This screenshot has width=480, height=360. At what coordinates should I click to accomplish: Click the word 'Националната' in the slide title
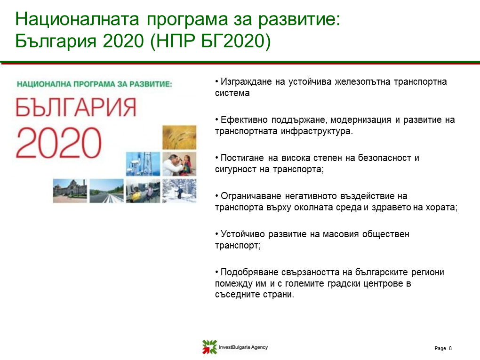coord(77,19)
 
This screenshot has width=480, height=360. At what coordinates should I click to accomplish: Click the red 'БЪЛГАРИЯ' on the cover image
coord(76,107)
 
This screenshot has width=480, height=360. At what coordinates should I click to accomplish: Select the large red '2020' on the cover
coord(58,143)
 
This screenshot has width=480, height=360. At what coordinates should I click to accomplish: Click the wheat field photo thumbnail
coord(179,137)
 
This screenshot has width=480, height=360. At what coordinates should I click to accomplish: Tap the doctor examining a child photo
coord(179,164)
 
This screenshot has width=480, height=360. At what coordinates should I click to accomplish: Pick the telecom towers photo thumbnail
coord(143,164)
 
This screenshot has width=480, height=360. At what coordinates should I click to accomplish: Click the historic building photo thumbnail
coord(70,191)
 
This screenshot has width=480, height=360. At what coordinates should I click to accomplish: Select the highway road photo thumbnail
coord(106,191)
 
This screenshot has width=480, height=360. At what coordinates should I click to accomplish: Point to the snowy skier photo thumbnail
coord(179,191)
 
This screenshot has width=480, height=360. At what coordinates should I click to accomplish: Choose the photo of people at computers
coord(143,191)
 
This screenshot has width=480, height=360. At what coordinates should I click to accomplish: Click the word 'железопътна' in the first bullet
coord(362,82)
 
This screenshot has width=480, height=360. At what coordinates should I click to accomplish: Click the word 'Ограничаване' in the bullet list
coord(251,196)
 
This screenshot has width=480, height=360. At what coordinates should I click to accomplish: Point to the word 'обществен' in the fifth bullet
coord(386,234)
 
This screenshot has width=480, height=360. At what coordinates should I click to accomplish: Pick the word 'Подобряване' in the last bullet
coord(249,272)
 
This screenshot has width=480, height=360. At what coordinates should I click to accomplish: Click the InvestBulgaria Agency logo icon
coord(210,347)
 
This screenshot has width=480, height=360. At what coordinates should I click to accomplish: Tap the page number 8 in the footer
coord(450,348)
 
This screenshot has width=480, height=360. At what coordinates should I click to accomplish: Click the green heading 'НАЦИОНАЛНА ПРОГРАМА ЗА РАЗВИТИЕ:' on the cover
coord(95,84)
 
